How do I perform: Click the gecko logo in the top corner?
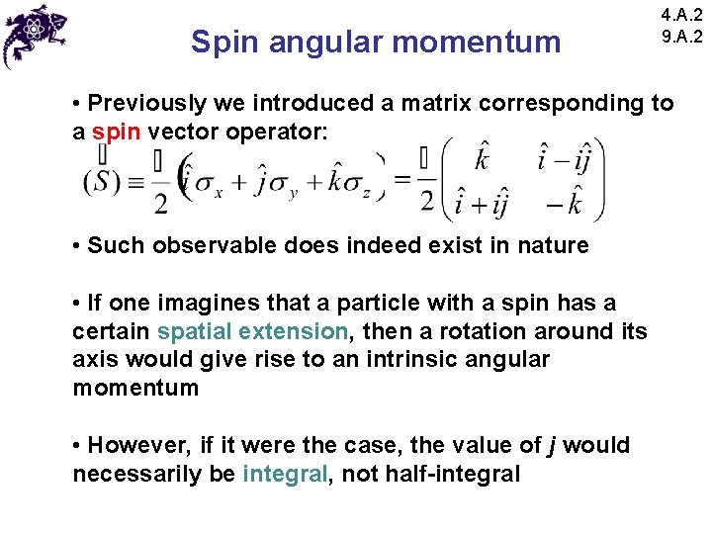[36, 34]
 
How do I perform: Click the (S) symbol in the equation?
[103, 181]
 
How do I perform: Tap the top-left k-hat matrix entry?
[482, 159]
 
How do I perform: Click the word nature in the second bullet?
[553, 245]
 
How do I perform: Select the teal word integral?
[284, 474]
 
